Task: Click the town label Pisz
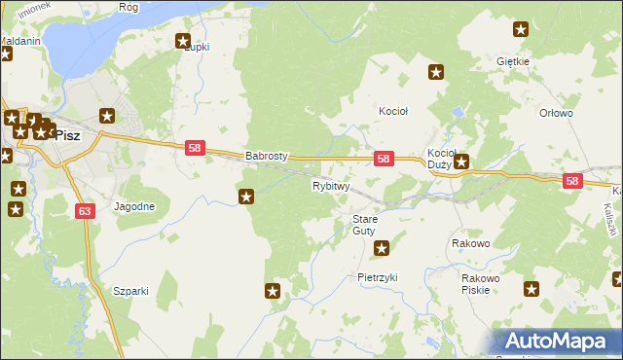(x=67, y=136)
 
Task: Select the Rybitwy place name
(x=330, y=185)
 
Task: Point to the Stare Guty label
(x=364, y=225)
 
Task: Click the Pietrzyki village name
(x=378, y=277)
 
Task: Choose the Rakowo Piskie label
(x=481, y=283)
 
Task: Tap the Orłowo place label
(x=556, y=113)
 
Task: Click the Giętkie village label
(x=512, y=61)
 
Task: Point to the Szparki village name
(x=130, y=291)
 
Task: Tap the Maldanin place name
(x=19, y=42)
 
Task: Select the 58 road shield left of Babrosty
(x=195, y=148)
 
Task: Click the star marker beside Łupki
(x=182, y=41)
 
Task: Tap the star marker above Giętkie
(x=521, y=30)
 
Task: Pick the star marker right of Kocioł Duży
(x=462, y=162)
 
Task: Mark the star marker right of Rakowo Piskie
(x=531, y=288)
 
